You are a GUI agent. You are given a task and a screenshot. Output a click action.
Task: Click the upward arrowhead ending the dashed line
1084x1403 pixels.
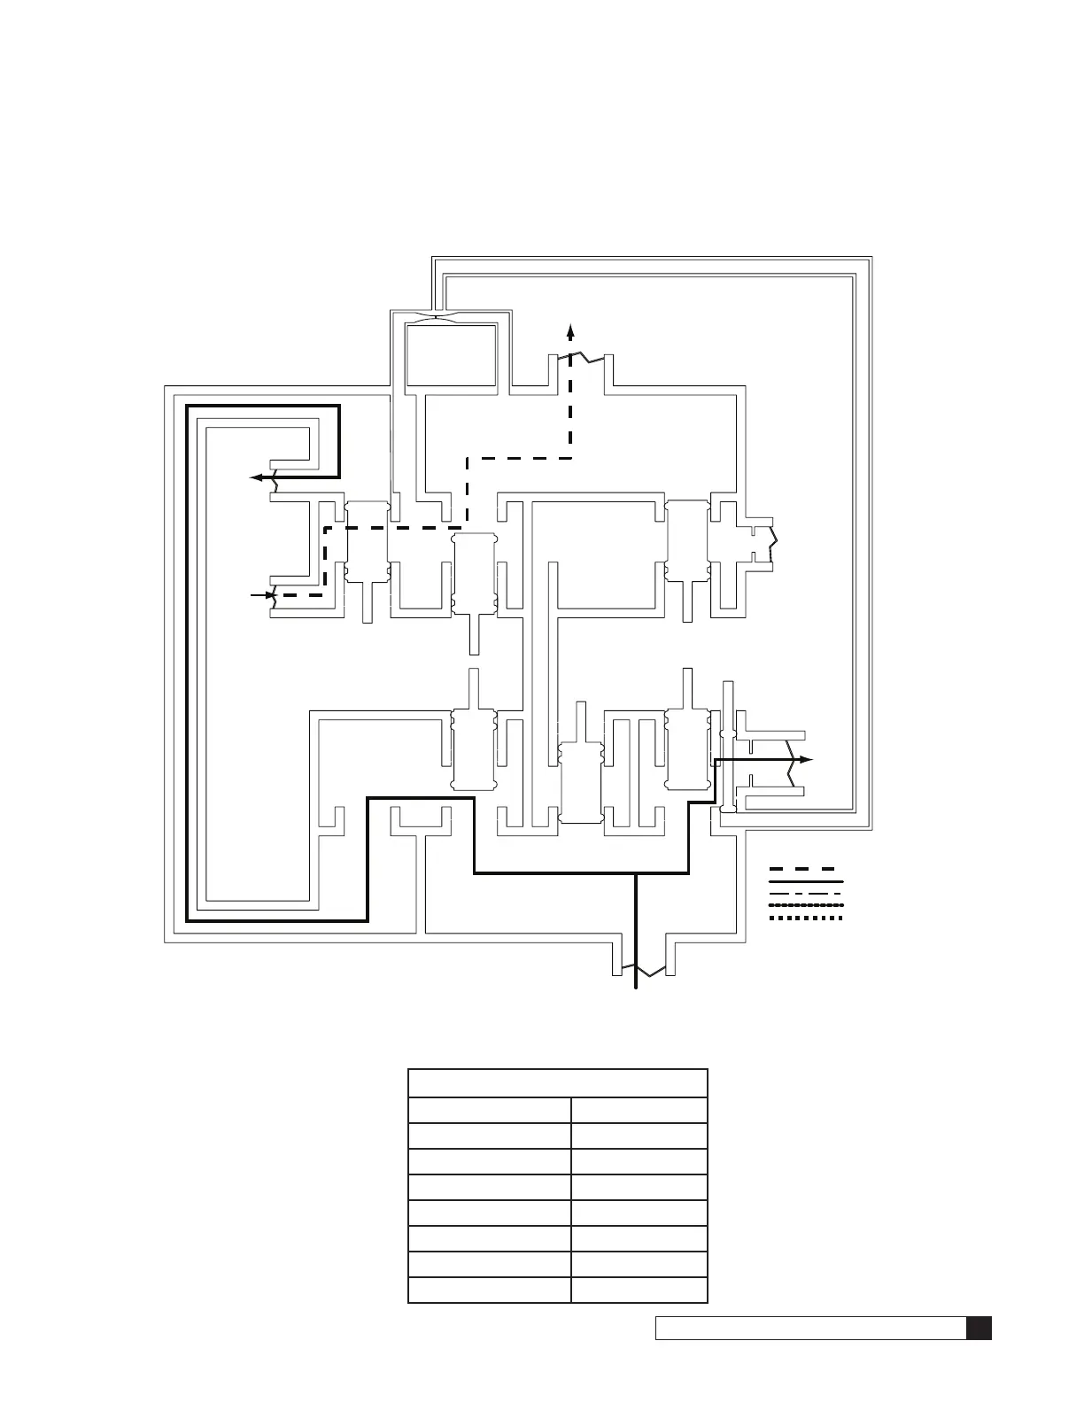click(x=571, y=331)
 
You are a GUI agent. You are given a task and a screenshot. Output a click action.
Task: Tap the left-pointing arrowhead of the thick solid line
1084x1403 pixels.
click(x=257, y=477)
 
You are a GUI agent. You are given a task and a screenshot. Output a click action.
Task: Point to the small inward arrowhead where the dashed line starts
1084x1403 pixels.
click(x=266, y=596)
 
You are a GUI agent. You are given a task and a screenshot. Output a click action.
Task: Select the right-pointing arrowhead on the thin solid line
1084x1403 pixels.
click(x=806, y=760)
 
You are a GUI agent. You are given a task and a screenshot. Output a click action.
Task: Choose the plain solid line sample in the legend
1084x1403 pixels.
click(x=805, y=882)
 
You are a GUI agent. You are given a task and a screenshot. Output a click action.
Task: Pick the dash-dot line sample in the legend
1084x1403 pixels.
click(x=805, y=895)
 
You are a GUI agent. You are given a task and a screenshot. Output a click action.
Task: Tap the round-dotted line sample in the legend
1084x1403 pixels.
click(x=805, y=906)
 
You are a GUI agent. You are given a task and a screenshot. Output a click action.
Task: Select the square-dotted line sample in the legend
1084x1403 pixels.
click(x=805, y=919)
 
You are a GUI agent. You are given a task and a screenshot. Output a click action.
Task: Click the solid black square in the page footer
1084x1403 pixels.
click(x=979, y=1329)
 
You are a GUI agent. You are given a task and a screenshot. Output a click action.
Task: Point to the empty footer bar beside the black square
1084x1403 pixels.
click(x=809, y=1329)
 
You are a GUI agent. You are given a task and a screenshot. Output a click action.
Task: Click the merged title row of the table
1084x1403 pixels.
click(x=557, y=1083)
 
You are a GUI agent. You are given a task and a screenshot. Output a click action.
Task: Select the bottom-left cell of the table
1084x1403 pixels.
click(x=489, y=1290)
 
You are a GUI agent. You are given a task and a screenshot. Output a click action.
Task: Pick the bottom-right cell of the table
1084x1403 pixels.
click(x=639, y=1290)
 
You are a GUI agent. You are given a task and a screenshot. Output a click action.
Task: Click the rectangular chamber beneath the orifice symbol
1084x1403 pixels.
click(x=450, y=354)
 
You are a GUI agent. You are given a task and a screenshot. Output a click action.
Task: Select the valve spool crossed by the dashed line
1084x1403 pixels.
click(x=367, y=541)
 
